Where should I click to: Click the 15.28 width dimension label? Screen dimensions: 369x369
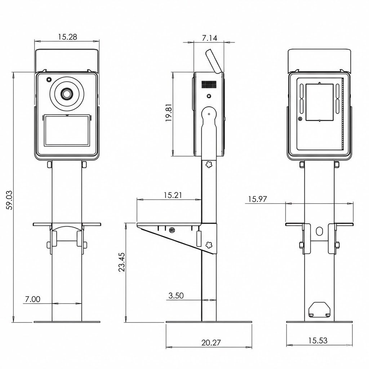(67, 37)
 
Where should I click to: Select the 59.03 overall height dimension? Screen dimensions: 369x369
(10, 200)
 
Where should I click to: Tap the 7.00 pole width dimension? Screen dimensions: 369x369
(32, 299)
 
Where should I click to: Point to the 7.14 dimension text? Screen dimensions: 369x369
(209, 38)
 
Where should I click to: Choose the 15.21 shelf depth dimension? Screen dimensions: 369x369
(173, 195)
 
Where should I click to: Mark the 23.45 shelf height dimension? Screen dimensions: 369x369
(121, 262)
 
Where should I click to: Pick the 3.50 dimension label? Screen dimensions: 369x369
(176, 295)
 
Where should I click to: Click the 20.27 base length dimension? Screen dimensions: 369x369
(211, 343)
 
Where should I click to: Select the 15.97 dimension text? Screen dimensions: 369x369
(258, 199)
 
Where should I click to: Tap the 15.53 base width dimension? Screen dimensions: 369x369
(318, 340)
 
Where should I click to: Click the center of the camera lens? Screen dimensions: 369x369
(67, 94)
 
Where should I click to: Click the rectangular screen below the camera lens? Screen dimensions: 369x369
(67, 130)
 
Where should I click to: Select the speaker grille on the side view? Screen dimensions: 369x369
(209, 84)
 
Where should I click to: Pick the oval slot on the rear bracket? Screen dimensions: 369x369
(319, 231)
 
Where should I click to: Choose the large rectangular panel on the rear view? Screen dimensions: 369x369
(319, 102)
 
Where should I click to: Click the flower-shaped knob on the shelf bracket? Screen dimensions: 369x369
(208, 245)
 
